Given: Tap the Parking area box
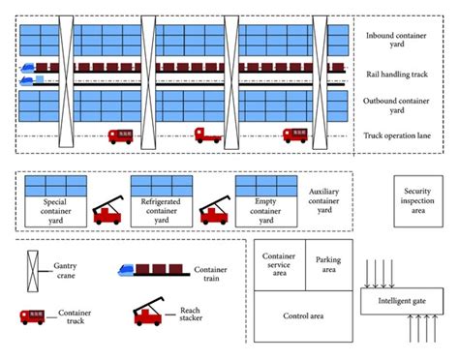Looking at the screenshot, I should [328, 263].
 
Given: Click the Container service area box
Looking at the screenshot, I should [281, 263].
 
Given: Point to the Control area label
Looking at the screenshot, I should [304, 315].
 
